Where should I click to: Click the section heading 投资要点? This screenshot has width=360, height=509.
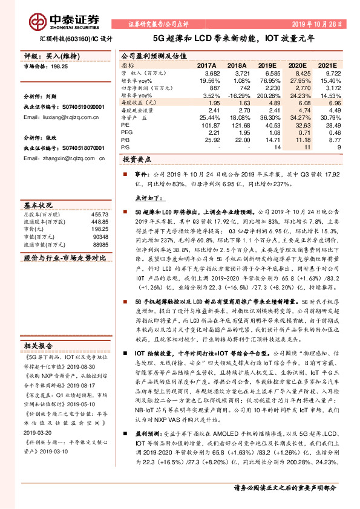pyautogui.click(x=137, y=160)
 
